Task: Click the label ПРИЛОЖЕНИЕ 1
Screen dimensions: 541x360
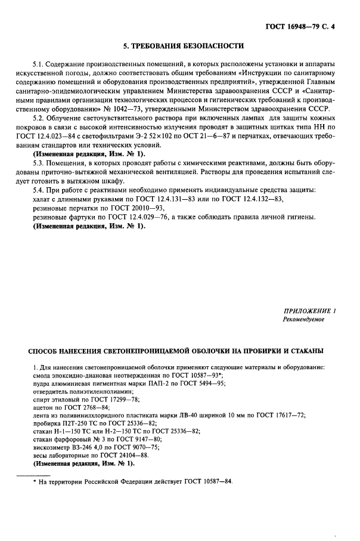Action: (309, 311)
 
